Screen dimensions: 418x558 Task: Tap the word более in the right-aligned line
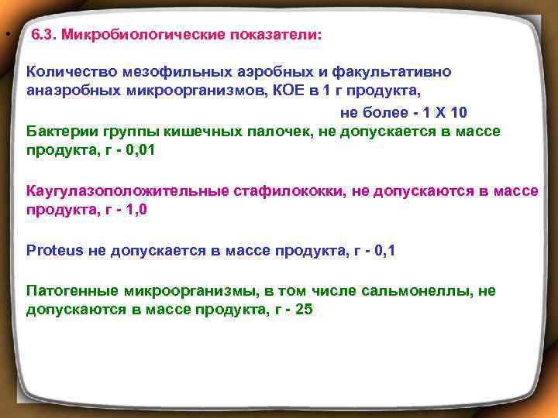click(392, 111)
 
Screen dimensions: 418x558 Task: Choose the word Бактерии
click(59, 131)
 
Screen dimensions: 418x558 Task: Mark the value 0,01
click(140, 150)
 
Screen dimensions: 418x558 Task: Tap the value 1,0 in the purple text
click(136, 210)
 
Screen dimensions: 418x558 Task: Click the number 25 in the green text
click(303, 310)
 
